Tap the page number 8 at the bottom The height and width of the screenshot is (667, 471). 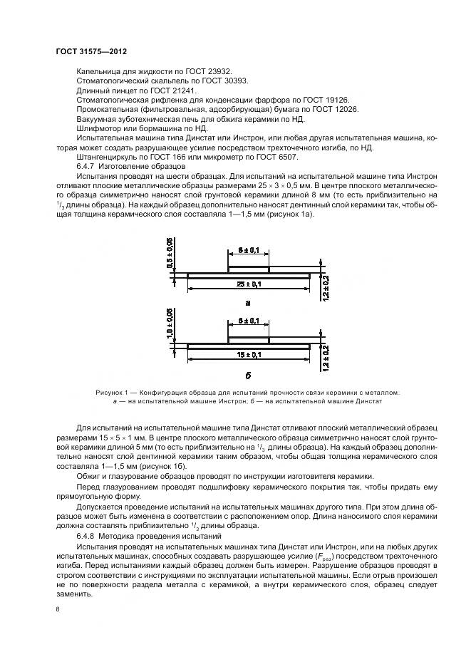pos(58,609)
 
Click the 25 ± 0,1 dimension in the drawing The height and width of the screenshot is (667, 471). pos(248,284)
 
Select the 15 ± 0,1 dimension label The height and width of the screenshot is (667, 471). pos(248,354)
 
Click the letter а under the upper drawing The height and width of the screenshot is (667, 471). pos(248,302)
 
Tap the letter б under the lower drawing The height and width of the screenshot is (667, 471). pos(248,373)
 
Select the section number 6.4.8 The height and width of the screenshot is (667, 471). pos(88,534)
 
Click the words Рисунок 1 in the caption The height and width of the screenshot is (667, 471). pos(113,392)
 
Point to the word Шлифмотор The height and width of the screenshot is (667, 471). pos(98,128)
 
